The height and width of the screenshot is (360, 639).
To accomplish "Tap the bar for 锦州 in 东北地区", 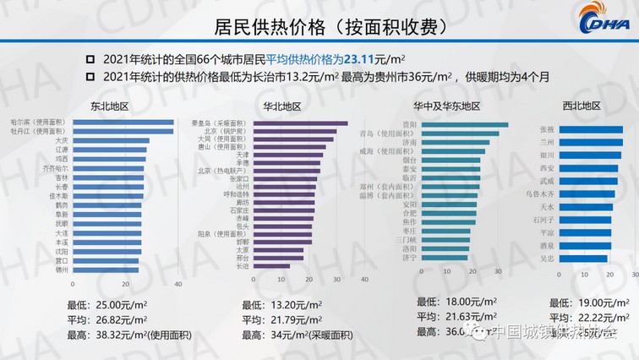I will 106,270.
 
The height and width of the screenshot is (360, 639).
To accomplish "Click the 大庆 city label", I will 62,140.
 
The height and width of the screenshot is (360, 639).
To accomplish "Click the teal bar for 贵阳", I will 464,125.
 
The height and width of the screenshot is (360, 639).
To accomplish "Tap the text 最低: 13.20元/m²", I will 278,305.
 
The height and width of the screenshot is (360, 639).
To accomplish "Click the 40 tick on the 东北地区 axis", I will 177,284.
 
